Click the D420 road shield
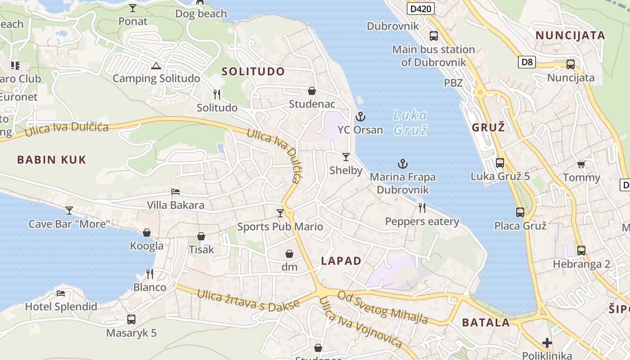[420, 9]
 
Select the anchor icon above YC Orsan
[360, 117]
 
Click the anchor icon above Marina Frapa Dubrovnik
[403, 164]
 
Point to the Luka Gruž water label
[410, 122]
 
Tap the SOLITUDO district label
[253, 71]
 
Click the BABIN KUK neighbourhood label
[51, 159]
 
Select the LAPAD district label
[341, 261]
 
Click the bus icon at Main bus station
[434, 36]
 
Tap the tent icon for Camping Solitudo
[156, 66]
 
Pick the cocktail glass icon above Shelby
[346, 157]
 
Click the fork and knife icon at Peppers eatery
[422, 208]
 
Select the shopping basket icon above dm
[289, 254]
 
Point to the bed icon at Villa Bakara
[175, 192]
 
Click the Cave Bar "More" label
[69, 224]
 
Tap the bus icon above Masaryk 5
[131, 319]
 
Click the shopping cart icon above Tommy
[581, 165]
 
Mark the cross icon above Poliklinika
[547, 343]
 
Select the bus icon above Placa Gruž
[520, 212]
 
